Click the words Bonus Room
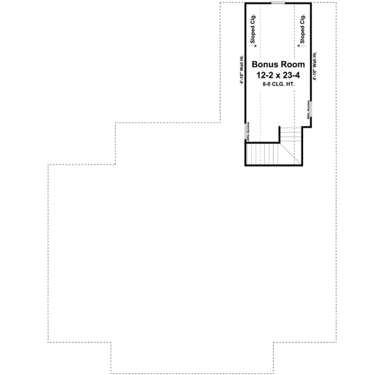tap(278, 64)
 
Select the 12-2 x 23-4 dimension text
tap(278, 74)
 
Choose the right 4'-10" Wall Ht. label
tap(316, 66)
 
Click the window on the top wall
tap(278, 3)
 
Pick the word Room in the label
tap(293, 64)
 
